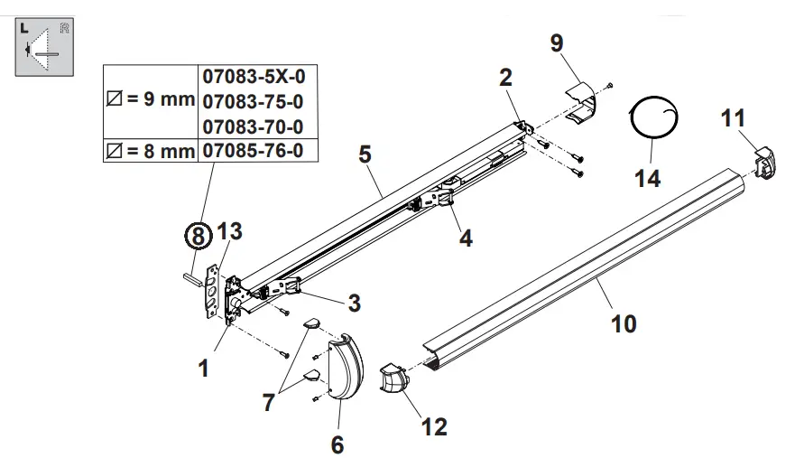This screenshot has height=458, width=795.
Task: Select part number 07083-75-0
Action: pyautogui.click(x=258, y=100)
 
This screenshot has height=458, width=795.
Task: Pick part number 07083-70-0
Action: pyautogui.click(x=258, y=126)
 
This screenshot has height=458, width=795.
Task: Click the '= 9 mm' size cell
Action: pyautogui.click(x=151, y=100)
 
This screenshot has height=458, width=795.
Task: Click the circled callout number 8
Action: pyautogui.click(x=197, y=237)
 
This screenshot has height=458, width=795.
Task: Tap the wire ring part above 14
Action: pyautogui.click(x=655, y=119)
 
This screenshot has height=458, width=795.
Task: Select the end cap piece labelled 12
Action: pyautogui.click(x=393, y=379)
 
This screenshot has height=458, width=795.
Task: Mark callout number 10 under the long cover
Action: pyautogui.click(x=624, y=322)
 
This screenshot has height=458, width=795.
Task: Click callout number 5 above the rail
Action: pyautogui.click(x=365, y=154)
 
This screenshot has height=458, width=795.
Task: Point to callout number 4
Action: pyautogui.click(x=466, y=238)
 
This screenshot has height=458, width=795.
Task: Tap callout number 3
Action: pyautogui.click(x=355, y=303)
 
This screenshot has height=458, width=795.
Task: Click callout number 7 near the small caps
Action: pyautogui.click(x=269, y=402)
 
